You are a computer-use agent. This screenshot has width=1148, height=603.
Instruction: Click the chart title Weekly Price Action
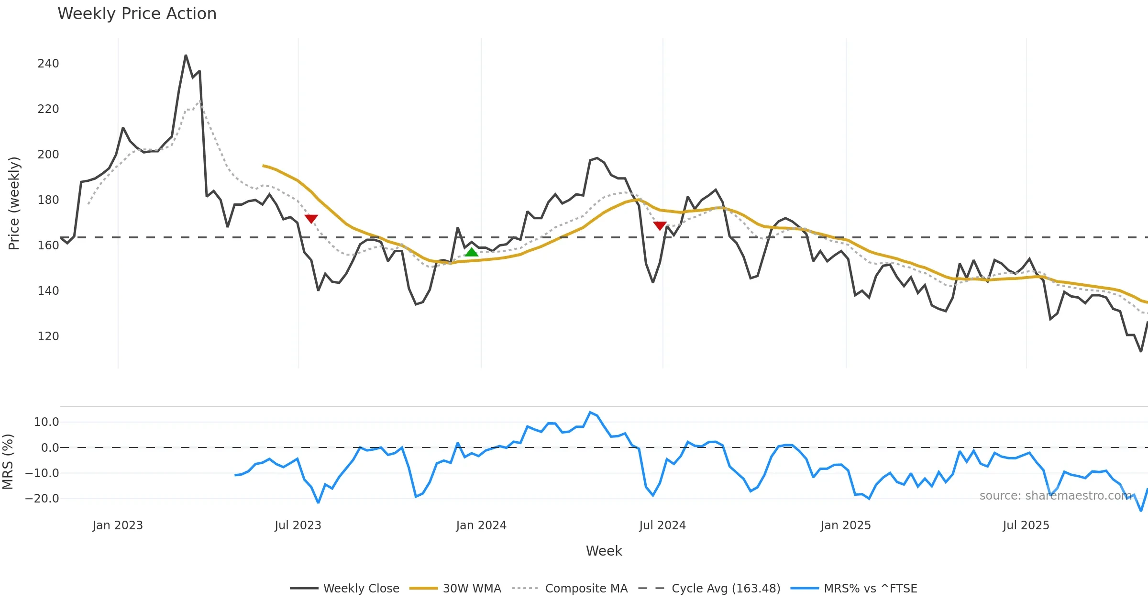click(x=137, y=14)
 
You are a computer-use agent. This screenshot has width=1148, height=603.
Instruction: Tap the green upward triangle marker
click(x=471, y=252)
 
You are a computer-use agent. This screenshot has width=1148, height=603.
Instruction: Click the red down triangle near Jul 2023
click(x=311, y=219)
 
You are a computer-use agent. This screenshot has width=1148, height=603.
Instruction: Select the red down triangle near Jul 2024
click(x=660, y=225)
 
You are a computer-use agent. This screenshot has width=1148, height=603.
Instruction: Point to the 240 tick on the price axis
click(x=48, y=64)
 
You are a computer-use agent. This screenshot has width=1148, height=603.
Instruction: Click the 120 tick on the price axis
click(x=48, y=336)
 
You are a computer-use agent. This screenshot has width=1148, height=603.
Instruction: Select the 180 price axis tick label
click(x=48, y=200)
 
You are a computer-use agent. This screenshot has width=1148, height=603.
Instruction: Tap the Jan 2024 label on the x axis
click(x=481, y=525)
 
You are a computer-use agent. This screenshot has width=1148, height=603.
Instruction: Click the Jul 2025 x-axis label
click(x=1026, y=525)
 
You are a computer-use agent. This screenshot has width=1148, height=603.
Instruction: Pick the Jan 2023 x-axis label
click(x=118, y=525)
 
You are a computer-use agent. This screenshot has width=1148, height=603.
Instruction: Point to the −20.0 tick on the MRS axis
click(x=42, y=499)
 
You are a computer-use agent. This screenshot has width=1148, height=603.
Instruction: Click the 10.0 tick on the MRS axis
click(x=46, y=422)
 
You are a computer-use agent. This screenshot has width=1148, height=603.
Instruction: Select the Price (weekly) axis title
click(x=14, y=203)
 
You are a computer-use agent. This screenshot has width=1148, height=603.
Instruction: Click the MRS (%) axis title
click(x=8, y=462)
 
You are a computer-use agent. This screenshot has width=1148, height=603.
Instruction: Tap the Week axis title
click(x=604, y=551)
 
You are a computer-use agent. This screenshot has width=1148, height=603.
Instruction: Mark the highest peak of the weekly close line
click(x=186, y=56)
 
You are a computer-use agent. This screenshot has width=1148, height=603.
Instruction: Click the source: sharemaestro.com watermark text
click(x=1055, y=496)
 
